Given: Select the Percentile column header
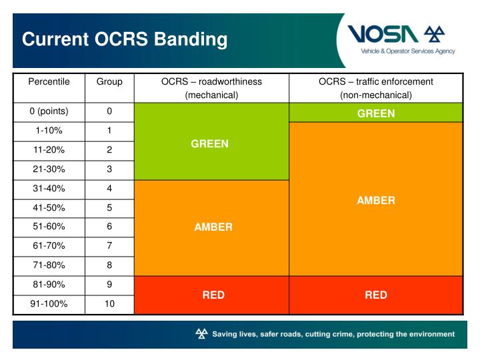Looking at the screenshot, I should point(49,82).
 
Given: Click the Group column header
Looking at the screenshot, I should point(109,82).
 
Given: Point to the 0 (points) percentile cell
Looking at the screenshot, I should point(49,111).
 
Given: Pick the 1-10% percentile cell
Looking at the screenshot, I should point(49,131).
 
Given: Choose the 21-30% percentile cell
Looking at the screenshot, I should point(49,169).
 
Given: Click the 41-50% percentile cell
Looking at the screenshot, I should point(49,208).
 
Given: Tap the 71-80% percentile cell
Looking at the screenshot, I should point(49,265).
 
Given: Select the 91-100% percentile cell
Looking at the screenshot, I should point(49,304).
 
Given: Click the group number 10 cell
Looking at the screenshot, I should point(109,304).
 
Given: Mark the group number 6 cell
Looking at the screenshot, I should point(109,227).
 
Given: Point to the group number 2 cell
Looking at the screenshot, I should point(109,150).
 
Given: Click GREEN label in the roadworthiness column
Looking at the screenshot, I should point(210,143).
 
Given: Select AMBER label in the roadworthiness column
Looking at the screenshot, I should point(213,227).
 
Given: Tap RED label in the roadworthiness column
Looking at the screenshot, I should point(213,295).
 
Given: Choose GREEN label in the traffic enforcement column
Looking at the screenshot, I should point(376,113).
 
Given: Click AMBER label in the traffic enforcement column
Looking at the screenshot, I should point(376,200).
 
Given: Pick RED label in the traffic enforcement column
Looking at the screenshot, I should point(376,295).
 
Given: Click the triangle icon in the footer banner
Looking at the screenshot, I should point(201,334).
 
